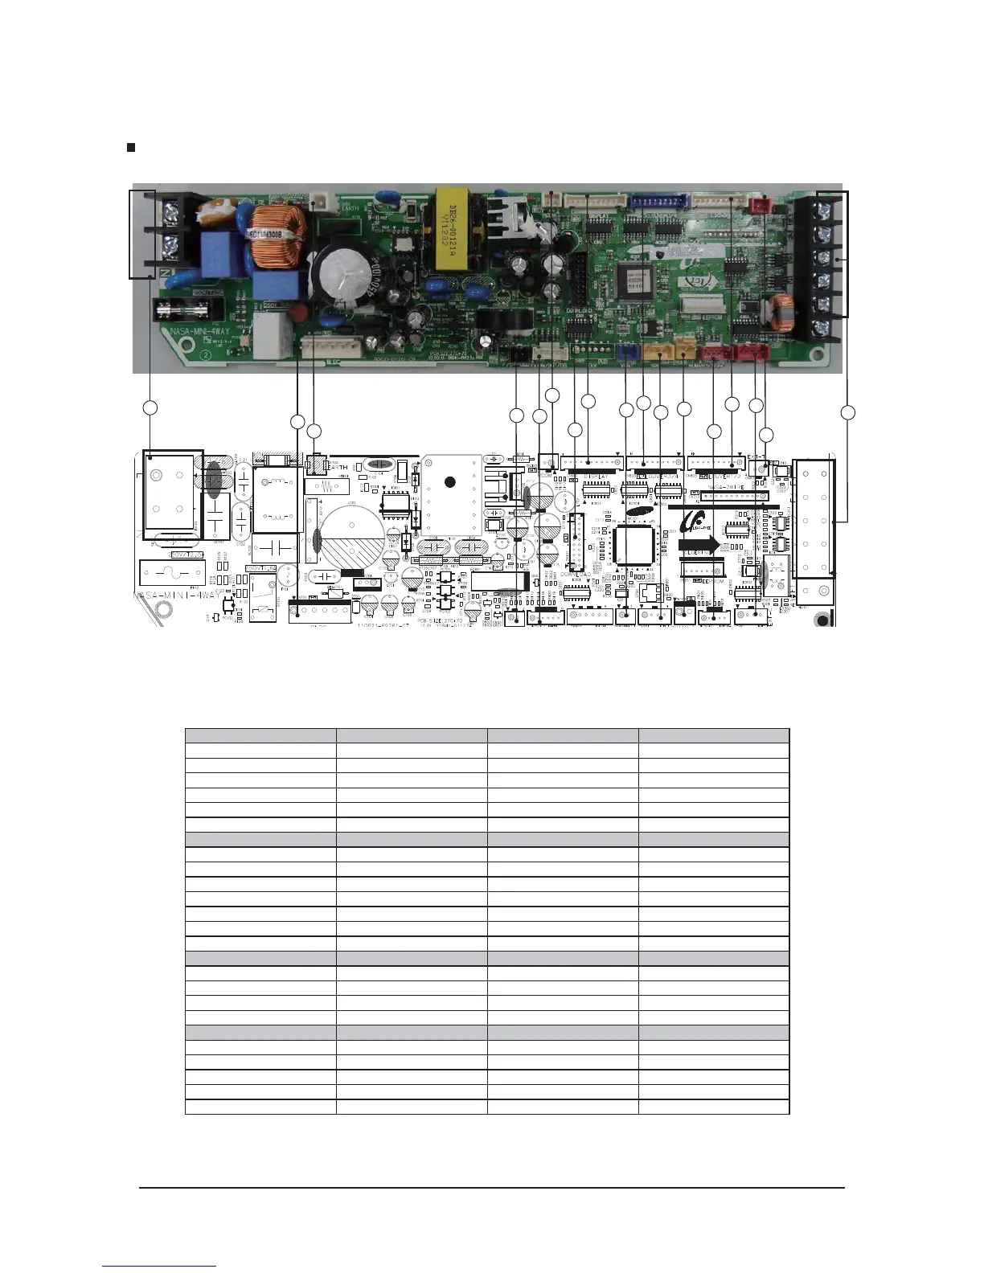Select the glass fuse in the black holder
coord(185,309)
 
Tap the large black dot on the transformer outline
coord(450,482)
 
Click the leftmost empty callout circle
coord(149,408)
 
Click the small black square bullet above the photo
coord(131,148)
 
